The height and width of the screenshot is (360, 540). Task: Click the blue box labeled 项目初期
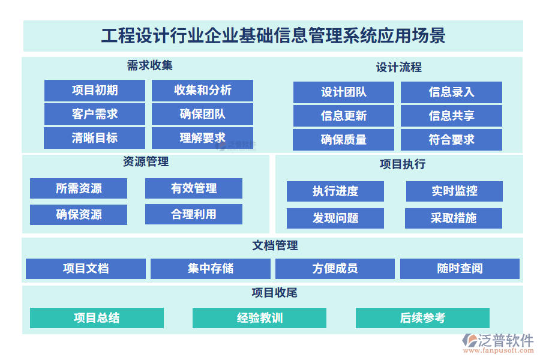click(94, 91)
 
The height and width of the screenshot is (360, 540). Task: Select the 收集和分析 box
click(202, 91)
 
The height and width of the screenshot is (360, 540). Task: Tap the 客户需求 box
click(94, 114)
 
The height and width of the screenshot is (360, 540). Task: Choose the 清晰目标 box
click(94, 138)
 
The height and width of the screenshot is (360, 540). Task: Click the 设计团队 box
click(343, 92)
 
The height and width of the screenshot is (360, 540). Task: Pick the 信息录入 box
click(451, 92)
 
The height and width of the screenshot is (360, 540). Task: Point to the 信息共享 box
click(451, 116)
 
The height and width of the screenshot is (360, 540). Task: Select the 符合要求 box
click(451, 140)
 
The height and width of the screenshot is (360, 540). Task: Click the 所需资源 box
click(79, 188)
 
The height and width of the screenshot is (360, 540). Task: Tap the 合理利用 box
click(193, 214)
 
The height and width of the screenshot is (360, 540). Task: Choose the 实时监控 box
click(454, 191)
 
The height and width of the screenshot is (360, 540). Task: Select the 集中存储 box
click(210, 269)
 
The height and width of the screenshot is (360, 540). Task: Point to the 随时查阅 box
click(460, 269)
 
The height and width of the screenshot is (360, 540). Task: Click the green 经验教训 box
click(259, 318)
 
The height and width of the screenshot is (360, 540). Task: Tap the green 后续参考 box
click(422, 318)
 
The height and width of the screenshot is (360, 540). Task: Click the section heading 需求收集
click(150, 65)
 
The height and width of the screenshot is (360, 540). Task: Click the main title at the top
click(273, 36)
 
